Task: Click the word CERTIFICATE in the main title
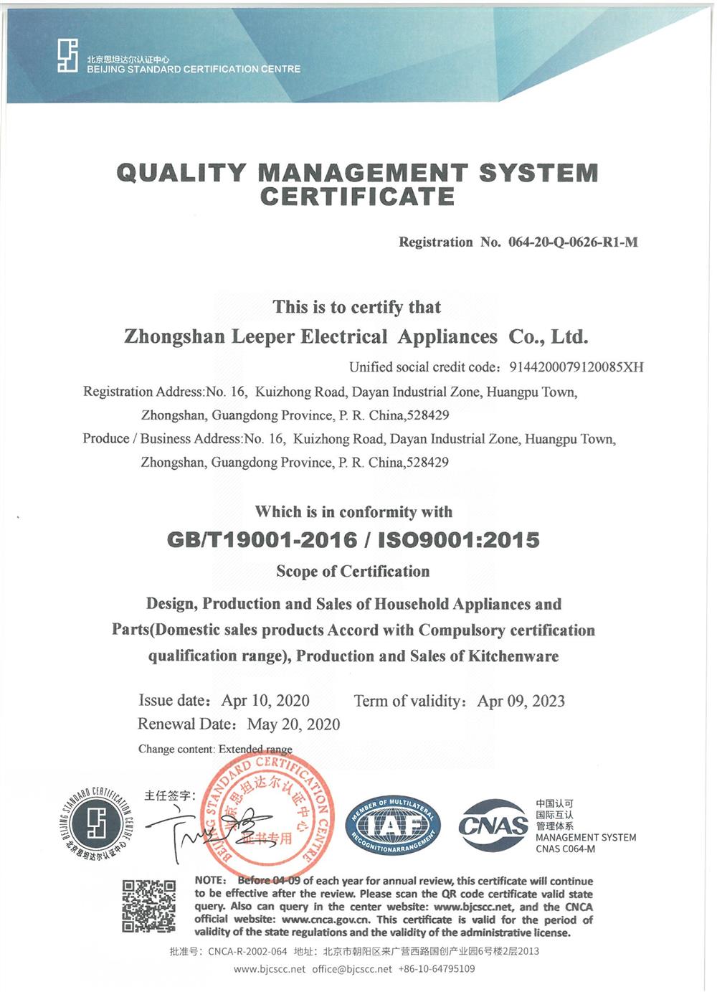pos(357,197)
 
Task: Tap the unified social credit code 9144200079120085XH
pos(576,367)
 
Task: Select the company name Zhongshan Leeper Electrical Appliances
pos(310,336)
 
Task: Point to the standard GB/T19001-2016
pos(262,540)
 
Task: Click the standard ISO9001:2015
pos(458,540)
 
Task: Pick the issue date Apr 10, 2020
pos(265,701)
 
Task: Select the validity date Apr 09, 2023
pos(521,701)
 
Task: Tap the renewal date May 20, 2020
pos(293,724)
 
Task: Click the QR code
pos(148,906)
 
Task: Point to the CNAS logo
pos(493,826)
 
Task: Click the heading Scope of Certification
pos(353,572)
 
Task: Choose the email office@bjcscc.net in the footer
pos(352,969)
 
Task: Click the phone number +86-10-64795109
pos(437,969)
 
